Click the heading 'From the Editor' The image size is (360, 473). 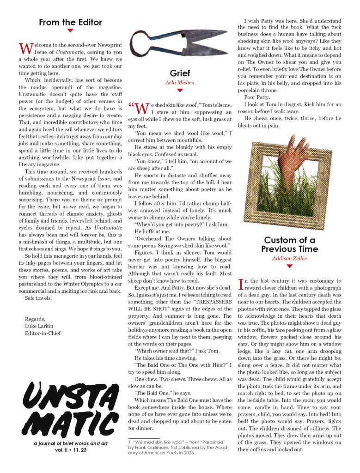click(x=70, y=22)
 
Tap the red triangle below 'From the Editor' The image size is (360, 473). click(x=70, y=31)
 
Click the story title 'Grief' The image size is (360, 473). click(x=180, y=73)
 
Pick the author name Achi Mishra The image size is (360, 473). click(x=180, y=83)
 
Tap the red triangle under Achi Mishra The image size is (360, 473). click(x=180, y=91)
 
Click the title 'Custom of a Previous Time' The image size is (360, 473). click(x=290, y=244)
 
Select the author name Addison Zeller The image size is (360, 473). click(x=290, y=258)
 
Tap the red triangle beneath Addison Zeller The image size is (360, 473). click(x=290, y=266)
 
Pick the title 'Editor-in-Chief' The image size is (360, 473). click(x=43, y=333)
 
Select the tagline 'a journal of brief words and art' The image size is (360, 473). click(x=69, y=443)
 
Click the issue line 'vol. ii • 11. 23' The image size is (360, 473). click(x=69, y=450)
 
